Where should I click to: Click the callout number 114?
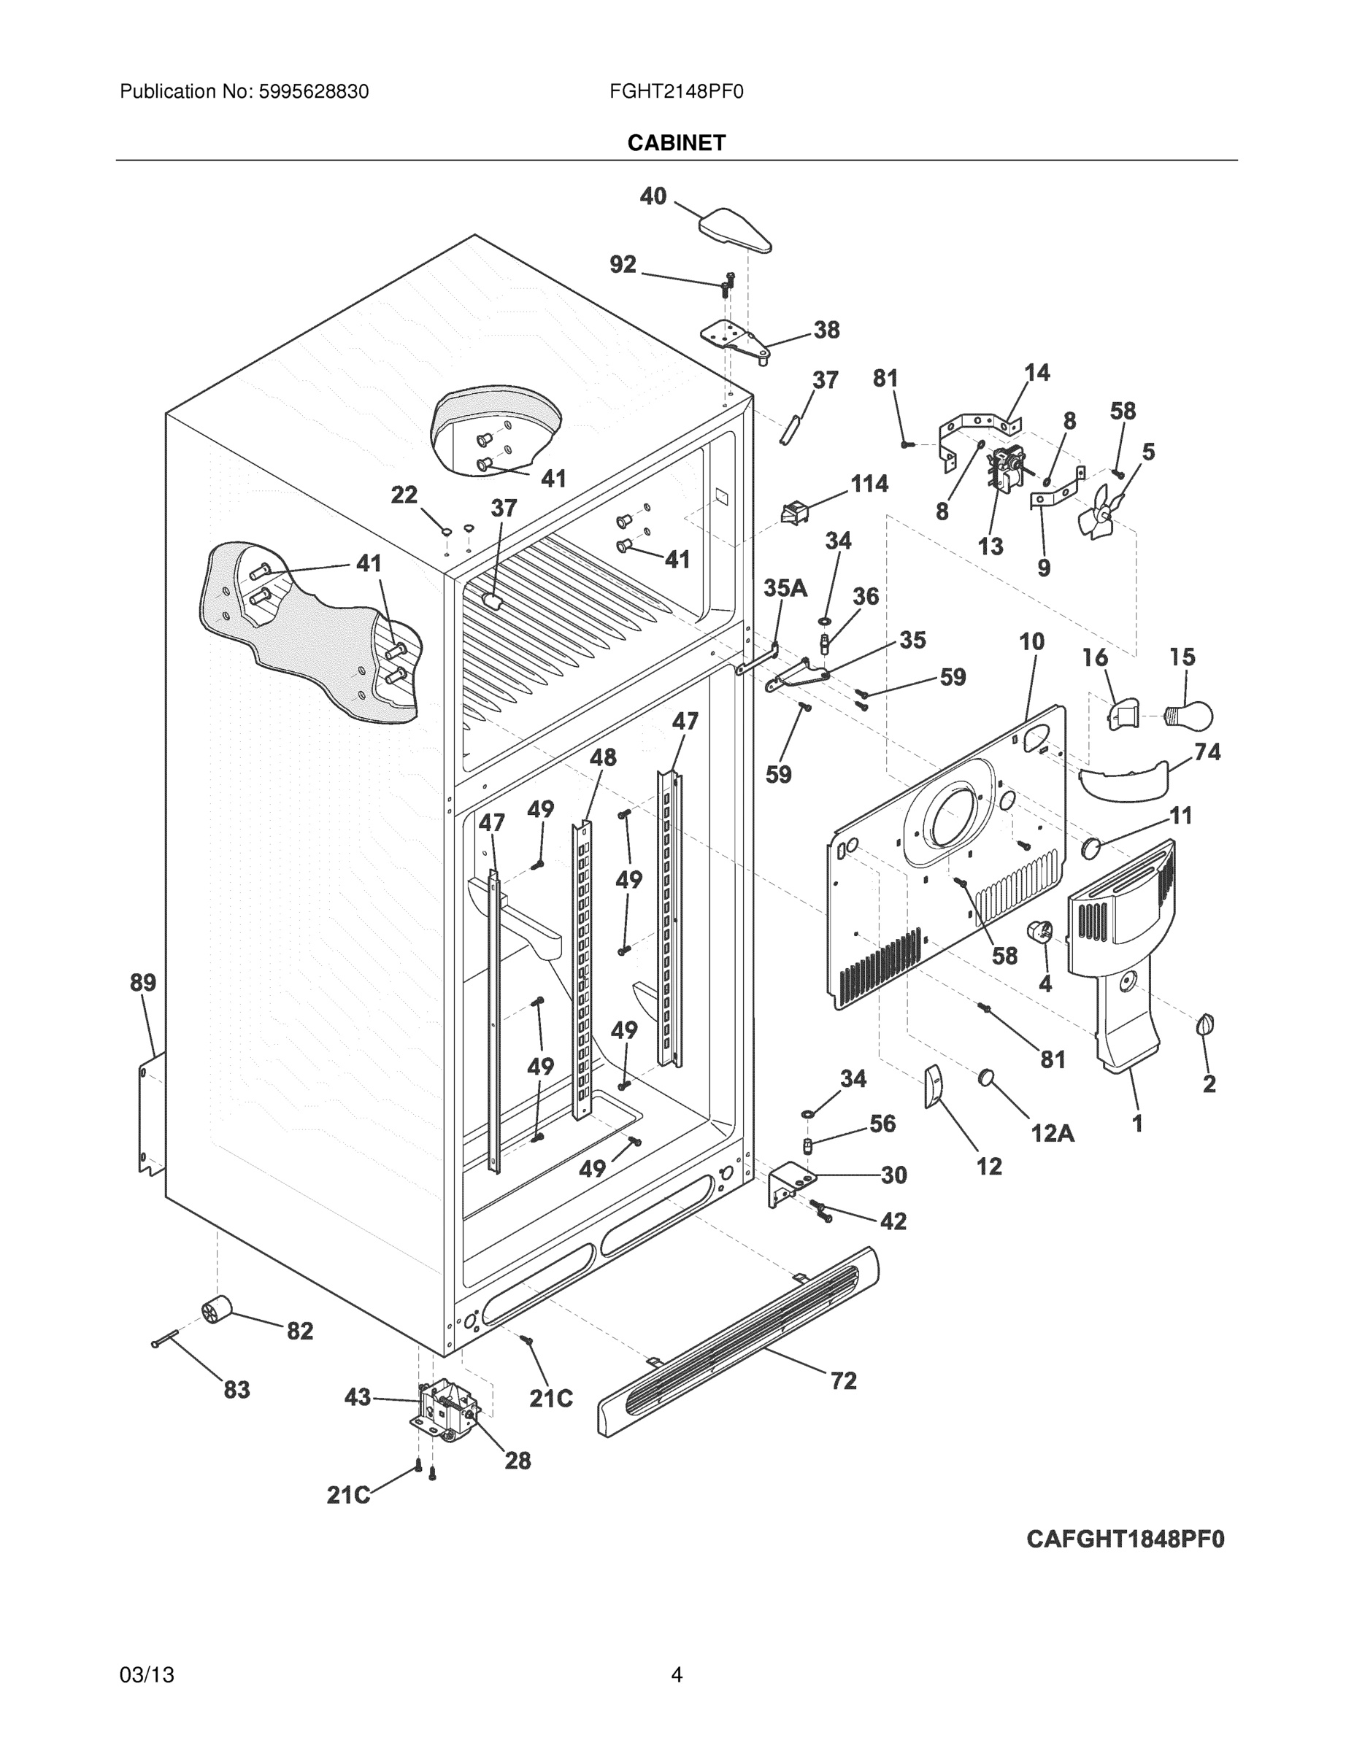click(x=869, y=484)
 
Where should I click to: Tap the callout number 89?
click(x=143, y=982)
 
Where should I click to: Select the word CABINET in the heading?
click(x=676, y=143)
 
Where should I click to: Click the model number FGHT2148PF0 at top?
click(x=676, y=92)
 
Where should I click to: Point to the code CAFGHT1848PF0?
click(x=1126, y=1539)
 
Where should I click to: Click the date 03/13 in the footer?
click(x=147, y=1675)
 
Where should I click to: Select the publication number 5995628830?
click(x=314, y=92)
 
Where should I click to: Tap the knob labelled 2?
click(x=1205, y=1024)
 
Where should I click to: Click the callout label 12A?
click(x=1052, y=1132)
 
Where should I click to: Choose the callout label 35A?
click(x=785, y=589)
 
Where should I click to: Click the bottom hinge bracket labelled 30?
click(x=790, y=1185)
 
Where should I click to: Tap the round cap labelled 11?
click(x=1091, y=846)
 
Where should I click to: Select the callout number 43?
click(x=358, y=1397)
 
